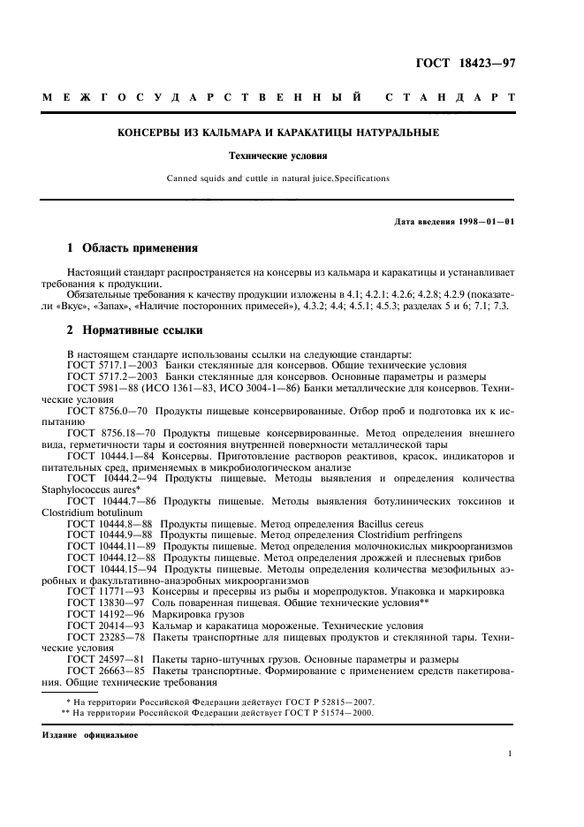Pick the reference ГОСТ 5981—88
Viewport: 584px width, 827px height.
click(99, 388)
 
